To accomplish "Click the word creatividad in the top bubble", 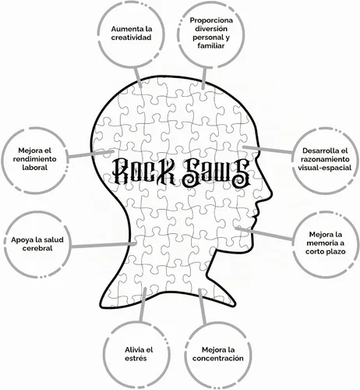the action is (131, 37).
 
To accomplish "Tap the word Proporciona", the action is (211, 20).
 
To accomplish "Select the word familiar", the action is (211, 46).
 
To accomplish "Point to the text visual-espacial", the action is (324, 168).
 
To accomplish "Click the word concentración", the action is (218, 359).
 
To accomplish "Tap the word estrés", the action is (136, 359).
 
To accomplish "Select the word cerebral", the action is (37, 248).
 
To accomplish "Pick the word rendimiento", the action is (34, 159).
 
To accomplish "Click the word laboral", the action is (34, 168).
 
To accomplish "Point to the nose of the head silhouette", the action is (270, 193).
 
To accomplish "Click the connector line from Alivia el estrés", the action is (143, 305).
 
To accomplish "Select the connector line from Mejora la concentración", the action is (203, 307).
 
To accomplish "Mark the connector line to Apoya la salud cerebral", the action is (104, 245).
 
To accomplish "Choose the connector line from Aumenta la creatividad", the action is (138, 76).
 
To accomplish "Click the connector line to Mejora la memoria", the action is (263, 233).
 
